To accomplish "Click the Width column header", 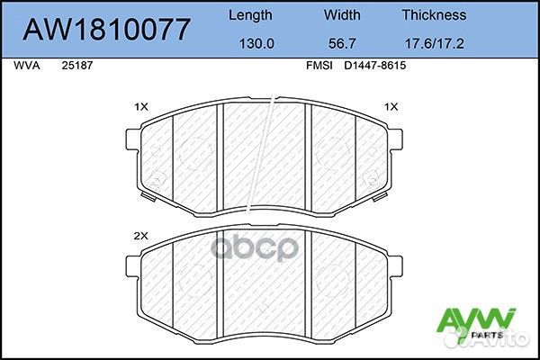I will point(342,15).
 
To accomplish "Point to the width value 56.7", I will point(342,40).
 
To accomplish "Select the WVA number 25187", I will point(77,65).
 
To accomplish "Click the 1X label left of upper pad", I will point(140,107).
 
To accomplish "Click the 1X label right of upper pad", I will point(391,107).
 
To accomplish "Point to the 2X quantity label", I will point(140,235).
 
